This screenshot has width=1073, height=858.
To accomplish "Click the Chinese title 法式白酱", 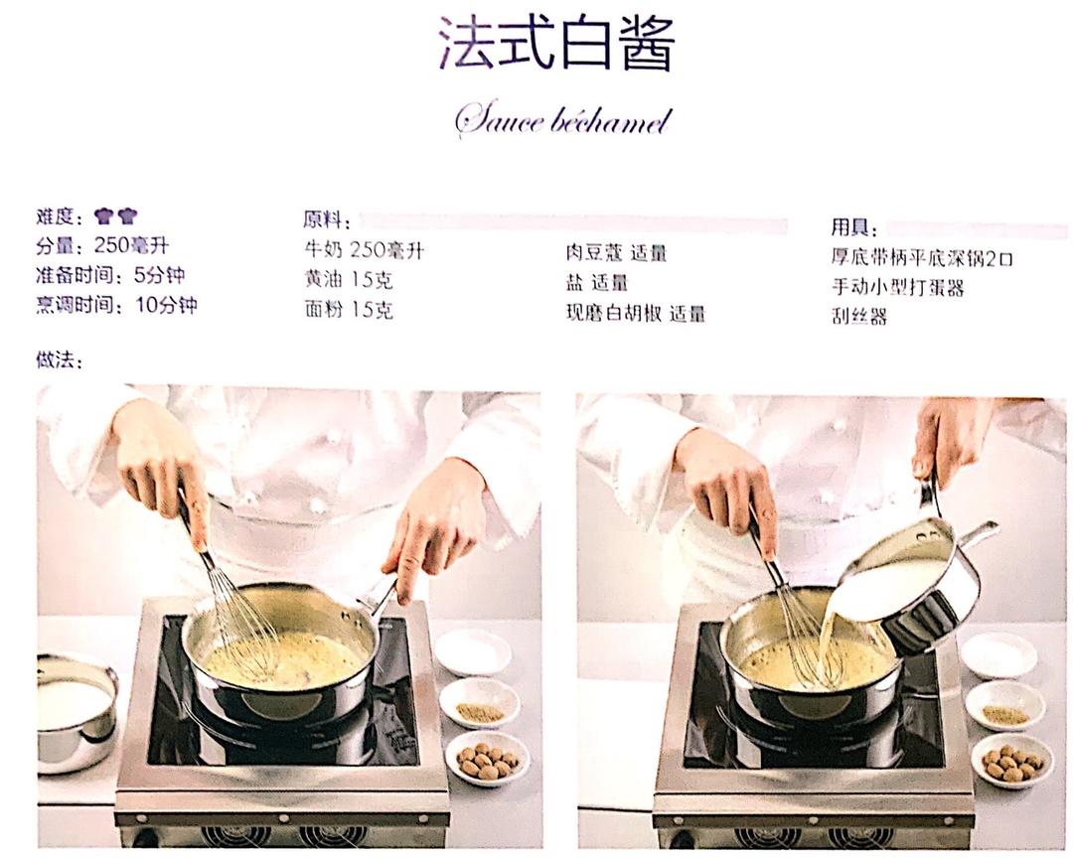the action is click(x=556, y=44).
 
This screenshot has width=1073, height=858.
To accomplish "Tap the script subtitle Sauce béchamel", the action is click(x=562, y=122).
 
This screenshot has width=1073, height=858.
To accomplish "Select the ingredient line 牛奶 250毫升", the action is click(x=364, y=250).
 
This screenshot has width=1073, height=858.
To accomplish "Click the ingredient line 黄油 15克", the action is click(x=349, y=280).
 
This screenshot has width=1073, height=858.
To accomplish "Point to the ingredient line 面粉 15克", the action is click(x=349, y=310).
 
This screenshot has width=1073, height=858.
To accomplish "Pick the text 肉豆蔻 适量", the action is click(x=616, y=253).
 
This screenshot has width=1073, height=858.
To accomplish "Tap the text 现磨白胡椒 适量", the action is click(x=635, y=314).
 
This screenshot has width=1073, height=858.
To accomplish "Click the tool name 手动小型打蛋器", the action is click(x=898, y=287).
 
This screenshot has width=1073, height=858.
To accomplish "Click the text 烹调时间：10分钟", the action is click(x=116, y=305).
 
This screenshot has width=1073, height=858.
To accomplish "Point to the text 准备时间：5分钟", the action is click(x=110, y=275).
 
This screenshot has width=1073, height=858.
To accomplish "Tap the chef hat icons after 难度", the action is click(x=116, y=216).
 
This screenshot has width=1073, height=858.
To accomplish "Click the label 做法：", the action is click(x=59, y=359).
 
